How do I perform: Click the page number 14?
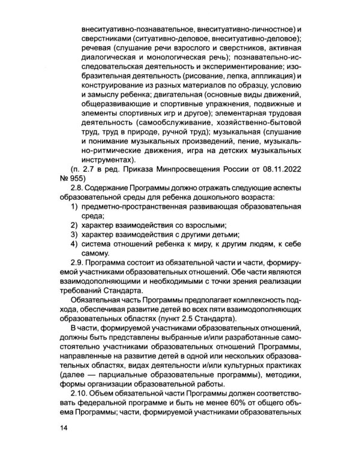pyautogui.click(x=64, y=428)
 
